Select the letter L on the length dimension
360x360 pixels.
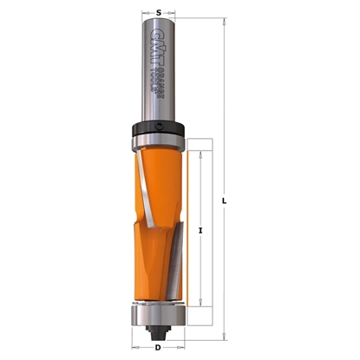(225, 201)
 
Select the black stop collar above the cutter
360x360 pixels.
(157, 128)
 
